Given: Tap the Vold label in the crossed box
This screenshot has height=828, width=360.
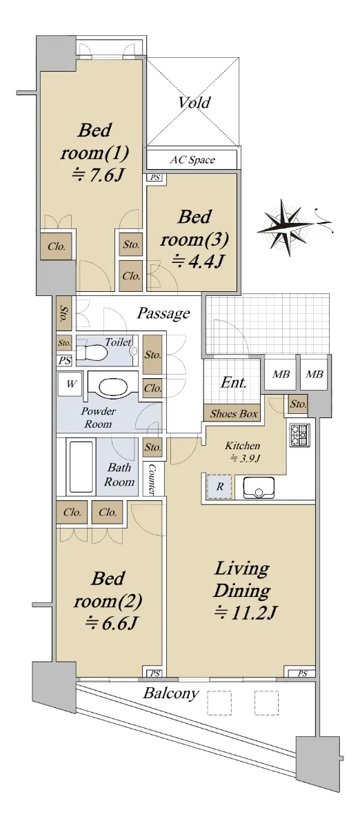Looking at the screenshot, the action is [x=194, y=102].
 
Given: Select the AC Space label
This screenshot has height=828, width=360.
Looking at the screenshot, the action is [x=192, y=159].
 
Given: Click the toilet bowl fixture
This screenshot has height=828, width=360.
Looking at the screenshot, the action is [x=92, y=353].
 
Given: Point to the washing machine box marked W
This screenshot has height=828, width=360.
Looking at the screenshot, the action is [x=71, y=384].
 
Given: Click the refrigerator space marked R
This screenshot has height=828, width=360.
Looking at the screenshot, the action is [x=219, y=486].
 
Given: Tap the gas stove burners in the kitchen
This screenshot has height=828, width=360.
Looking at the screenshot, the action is [x=300, y=435].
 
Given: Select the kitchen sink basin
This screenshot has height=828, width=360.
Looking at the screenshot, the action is [x=259, y=487].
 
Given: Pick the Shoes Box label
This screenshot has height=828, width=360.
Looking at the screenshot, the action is [x=234, y=413].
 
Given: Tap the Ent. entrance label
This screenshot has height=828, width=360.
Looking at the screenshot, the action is [x=234, y=382].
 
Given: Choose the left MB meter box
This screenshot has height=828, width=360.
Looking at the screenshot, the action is [x=281, y=374].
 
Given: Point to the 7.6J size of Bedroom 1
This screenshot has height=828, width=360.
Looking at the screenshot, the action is [x=96, y=175].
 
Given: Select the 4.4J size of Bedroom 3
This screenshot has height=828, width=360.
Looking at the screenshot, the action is [x=198, y=262].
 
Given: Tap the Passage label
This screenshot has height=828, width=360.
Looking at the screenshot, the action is [x=163, y=313].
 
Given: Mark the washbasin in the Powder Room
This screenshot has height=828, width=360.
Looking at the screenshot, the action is [x=114, y=386].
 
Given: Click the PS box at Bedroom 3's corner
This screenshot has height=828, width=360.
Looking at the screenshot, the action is [x=155, y=177].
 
